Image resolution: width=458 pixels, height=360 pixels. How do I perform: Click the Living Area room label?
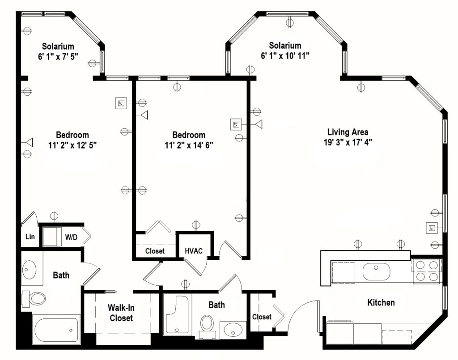348,132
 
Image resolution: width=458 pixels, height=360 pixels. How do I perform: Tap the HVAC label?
194,251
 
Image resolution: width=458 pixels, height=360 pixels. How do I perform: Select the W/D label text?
72,237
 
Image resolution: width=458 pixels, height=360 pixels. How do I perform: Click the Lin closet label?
30,237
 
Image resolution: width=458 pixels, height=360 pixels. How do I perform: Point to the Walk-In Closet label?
121,313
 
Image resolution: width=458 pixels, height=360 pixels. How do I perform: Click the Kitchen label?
381,303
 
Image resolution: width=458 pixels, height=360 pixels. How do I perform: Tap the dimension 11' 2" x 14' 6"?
189,145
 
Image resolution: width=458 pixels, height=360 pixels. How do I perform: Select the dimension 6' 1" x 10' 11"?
285,55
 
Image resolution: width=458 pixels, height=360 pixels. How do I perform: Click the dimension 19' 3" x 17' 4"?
348,142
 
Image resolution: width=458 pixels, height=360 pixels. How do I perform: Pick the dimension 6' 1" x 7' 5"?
58,55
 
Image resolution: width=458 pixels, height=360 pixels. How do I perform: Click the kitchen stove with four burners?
426,271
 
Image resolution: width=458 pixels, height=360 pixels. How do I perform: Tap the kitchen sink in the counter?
376,271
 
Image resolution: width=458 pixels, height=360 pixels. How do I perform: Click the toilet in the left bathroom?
35,298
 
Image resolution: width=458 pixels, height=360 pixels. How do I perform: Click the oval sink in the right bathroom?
233,330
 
